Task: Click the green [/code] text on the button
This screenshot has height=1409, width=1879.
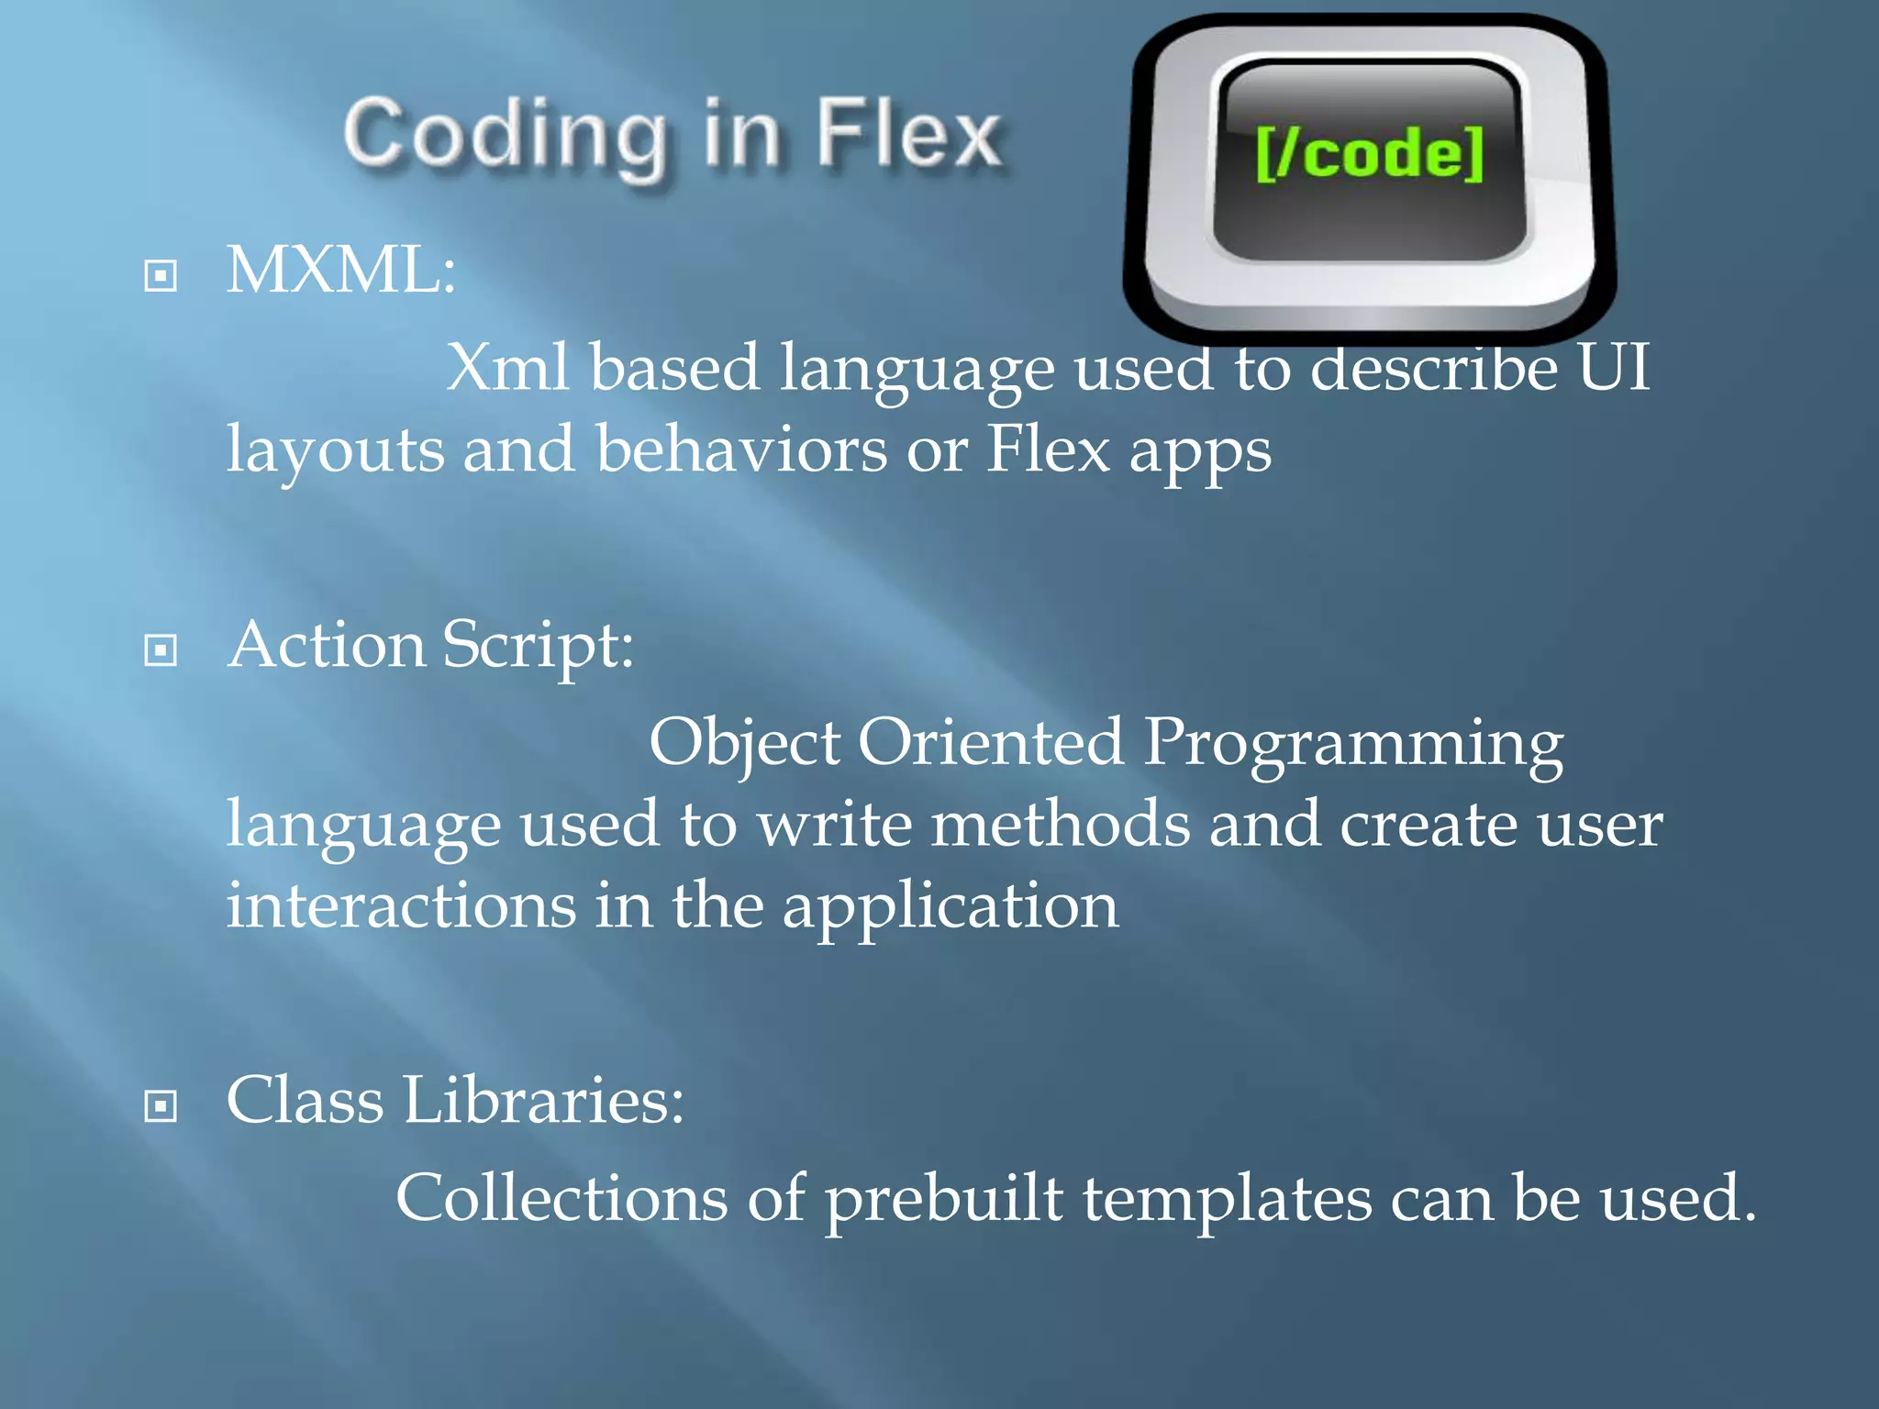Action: pos(1369,153)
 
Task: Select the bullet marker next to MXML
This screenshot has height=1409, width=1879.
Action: pos(161,275)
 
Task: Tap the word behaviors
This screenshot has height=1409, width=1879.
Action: pos(741,449)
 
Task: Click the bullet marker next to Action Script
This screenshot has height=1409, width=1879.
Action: pos(161,650)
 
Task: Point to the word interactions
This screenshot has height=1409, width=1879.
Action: pos(401,905)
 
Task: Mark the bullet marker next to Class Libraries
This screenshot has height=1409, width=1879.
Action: pos(161,1105)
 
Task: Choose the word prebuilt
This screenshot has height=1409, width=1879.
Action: pos(943,1200)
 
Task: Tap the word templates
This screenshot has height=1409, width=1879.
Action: pos(1227,1200)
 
